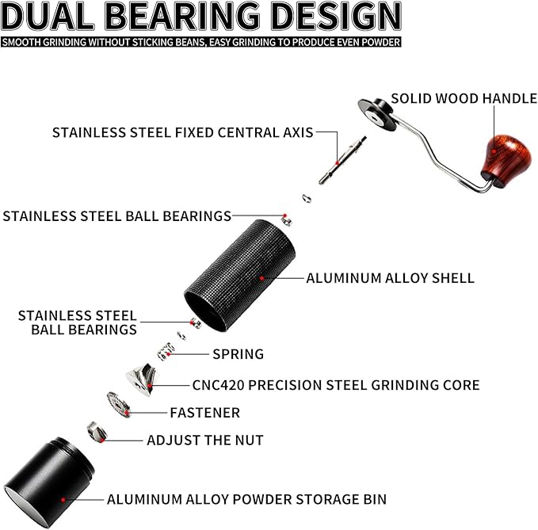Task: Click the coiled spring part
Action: (x=166, y=351)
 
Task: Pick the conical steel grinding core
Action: (x=141, y=379)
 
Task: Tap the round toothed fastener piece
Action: (x=118, y=405)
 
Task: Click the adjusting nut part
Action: (x=95, y=432)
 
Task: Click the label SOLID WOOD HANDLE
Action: (x=463, y=99)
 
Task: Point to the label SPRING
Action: (x=238, y=354)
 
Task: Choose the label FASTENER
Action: (x=204, y=413)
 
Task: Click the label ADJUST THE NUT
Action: (x=204, y=440)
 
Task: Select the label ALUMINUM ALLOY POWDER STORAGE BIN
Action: (x=246, y=499)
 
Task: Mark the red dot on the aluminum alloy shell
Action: (x=261, y=278)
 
